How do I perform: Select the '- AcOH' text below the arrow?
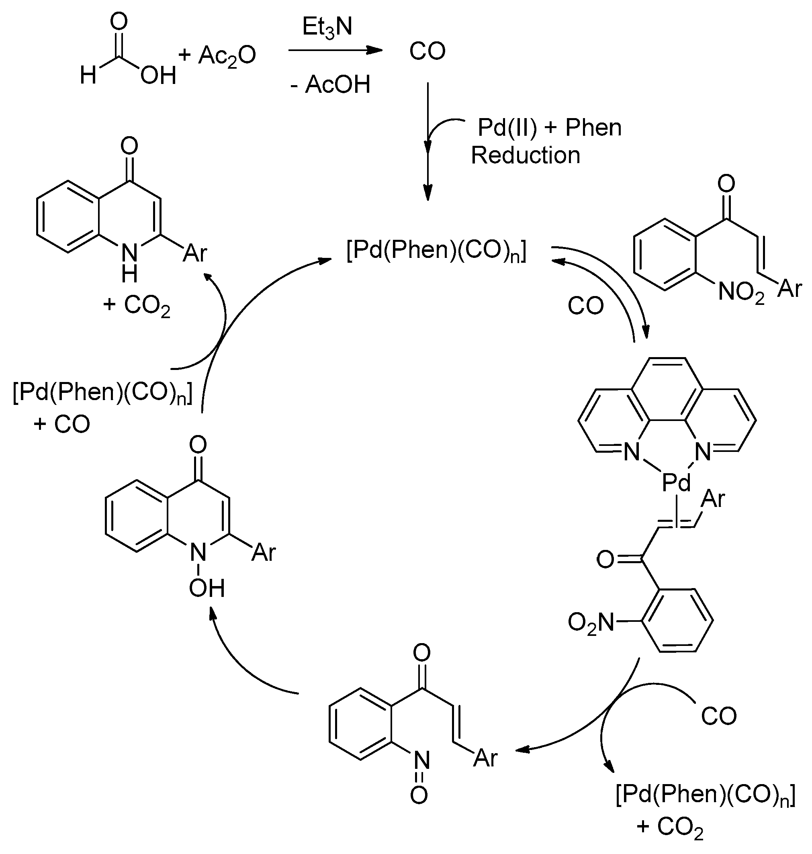330,84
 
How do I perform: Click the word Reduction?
525,155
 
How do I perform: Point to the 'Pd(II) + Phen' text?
549,128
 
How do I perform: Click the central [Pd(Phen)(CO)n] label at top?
436,251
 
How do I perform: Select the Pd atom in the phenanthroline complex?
677,482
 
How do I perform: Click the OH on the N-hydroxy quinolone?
207,588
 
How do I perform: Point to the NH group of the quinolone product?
129,262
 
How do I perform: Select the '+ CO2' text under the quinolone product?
137,305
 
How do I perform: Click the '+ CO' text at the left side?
61,424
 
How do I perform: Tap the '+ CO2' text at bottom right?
670,827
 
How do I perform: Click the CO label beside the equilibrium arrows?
586,306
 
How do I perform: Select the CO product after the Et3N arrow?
427,51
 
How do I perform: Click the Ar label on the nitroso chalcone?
485,758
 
